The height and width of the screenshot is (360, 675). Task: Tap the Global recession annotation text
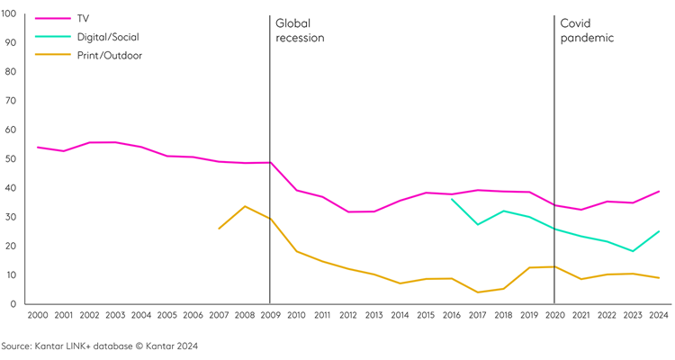tap(300, 31)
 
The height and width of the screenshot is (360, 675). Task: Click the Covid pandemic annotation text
tap(586, 31)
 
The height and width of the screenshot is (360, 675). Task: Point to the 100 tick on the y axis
tap(10, 13)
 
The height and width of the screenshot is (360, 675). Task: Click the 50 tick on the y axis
tap(12, 158)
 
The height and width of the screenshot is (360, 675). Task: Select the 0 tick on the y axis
tap(14, 304)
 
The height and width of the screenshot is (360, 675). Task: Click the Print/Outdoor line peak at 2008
tap(245, 206)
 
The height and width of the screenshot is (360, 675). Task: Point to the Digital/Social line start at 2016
tap(452, 200)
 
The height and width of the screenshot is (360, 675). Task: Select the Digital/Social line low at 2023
tap(633, 251)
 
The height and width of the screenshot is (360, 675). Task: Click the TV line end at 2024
tap(660, 191)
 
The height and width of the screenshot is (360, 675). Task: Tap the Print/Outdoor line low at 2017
tap(477, 292)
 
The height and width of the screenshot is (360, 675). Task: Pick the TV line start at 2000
tap(38, 147)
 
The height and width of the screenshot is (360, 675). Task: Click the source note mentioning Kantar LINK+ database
tap(99, 346)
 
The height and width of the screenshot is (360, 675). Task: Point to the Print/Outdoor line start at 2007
tap(219, 229)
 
